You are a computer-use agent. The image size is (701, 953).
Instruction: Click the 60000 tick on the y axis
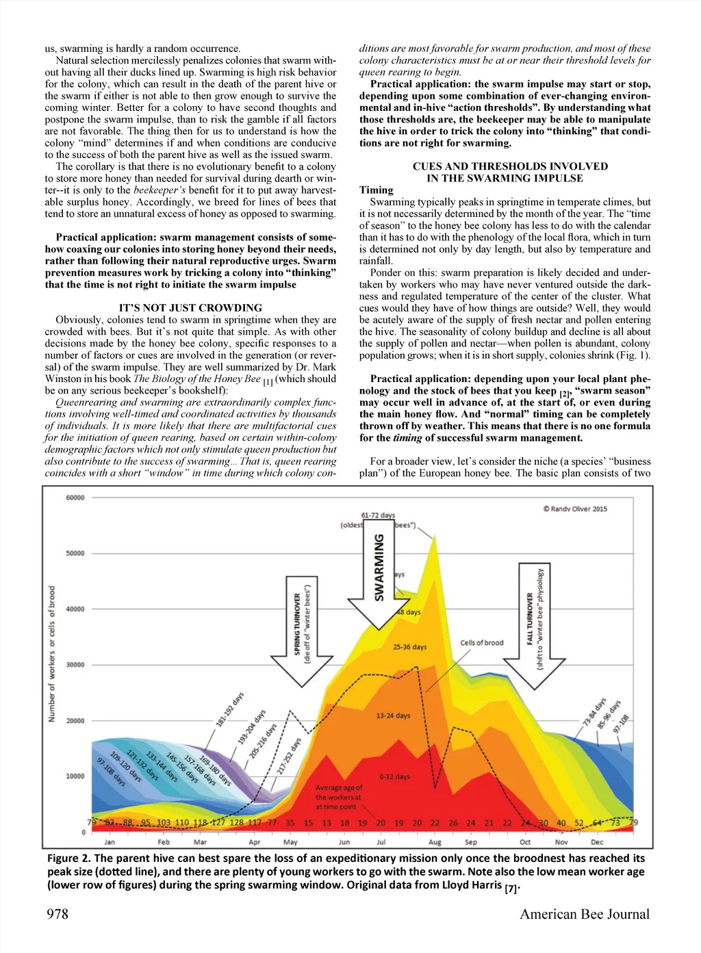pos(75,498)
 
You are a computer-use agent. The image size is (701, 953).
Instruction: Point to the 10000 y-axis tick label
pos(75,776)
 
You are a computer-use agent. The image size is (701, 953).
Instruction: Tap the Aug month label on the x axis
pos(435,842)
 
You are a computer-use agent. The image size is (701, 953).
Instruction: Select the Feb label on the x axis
pos(164,842)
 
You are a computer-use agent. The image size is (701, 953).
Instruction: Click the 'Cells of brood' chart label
pos(481,643)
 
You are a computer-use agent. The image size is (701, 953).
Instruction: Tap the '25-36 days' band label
pos(409,647)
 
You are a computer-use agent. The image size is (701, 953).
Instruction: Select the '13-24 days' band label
pos(393,715)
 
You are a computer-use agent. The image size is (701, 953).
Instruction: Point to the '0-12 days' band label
pos(394,777)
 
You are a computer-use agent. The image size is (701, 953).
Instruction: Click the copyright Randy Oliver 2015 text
pos(575,509)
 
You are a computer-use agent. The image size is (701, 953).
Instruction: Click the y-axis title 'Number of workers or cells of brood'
pos(52,654)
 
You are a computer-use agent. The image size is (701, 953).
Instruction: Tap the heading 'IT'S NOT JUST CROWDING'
pos(190,308)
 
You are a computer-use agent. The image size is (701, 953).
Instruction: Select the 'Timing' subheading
pos(377,190)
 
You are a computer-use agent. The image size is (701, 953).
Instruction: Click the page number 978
pos(58,914)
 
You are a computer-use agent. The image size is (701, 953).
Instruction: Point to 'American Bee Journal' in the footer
pos(585,914)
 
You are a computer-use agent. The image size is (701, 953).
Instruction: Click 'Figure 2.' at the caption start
pos(68,859)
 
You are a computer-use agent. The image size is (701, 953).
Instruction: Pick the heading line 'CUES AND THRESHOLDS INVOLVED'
pos(510,166)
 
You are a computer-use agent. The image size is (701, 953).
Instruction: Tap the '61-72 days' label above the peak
pos(378,515)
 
